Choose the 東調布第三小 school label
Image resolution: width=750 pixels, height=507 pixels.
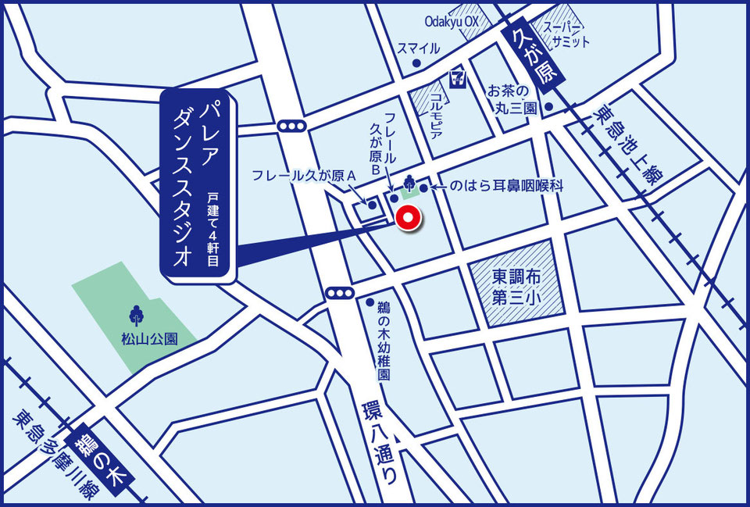point(516,285)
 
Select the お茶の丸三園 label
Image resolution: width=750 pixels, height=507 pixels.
point(512,98)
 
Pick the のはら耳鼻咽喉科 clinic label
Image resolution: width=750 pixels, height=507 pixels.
point(507,187)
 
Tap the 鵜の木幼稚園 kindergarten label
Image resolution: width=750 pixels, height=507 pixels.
point(383,341)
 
